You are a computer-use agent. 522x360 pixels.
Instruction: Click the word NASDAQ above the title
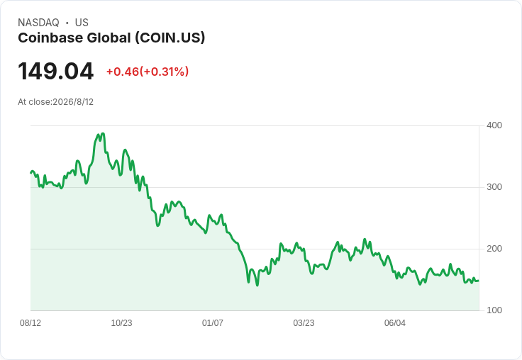click(x=38, y=23)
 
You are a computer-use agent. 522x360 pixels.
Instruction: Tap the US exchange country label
click(x=82, y=23)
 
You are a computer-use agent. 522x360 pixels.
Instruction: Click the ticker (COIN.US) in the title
click(x=170, y=38)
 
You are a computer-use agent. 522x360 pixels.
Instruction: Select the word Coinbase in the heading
click(x=50, y=38)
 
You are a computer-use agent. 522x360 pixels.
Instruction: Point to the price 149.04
click(x=55, y=71)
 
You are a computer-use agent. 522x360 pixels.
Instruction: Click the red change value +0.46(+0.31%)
click(x=148, y=72)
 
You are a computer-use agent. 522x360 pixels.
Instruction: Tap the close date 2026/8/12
click(x=73, y=102)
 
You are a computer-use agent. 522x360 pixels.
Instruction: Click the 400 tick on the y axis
click(x=494, y=125)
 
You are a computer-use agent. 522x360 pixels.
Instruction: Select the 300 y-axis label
click(x=494, y=187)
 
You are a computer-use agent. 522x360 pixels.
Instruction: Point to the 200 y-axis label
click(x=494, y=249)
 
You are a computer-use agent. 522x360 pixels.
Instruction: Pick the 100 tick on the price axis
click(x=494, y=310)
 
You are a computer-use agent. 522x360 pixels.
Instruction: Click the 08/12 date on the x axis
click(x=30, y=323)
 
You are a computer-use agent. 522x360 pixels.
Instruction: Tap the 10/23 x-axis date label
click(x=121, y=323)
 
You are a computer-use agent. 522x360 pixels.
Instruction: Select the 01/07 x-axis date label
click(x=212, y=323)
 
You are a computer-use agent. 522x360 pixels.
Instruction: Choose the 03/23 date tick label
click(x=304, y=323)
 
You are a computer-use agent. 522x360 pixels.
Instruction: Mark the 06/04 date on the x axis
click(x=395, y=323)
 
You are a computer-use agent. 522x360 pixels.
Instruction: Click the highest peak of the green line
click(x=103, y=134)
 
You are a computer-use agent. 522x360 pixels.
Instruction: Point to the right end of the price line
click(x=479, y=281)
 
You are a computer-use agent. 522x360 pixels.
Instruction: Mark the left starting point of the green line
click(x=31, y=173)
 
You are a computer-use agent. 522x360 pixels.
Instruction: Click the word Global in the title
click(x=109, y=38)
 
